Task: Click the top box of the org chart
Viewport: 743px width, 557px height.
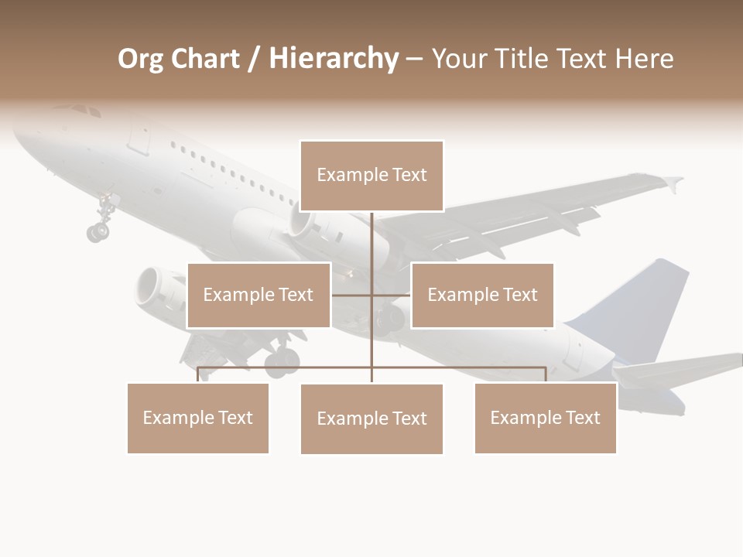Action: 371,176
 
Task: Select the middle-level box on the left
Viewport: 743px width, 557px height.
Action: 259,295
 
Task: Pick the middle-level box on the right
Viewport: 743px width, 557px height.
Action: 482,295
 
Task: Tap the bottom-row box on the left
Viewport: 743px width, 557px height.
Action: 198,418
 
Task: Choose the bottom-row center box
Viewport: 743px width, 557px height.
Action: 371,419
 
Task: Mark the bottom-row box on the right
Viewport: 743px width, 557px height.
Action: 546,418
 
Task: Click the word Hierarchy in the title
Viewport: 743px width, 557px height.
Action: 334,59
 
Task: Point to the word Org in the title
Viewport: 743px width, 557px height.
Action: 142,59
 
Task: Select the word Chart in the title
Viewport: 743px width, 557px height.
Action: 207,59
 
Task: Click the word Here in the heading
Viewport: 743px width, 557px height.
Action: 644,59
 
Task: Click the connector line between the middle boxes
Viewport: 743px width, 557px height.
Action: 371,295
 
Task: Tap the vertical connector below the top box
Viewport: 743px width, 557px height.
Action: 371,240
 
